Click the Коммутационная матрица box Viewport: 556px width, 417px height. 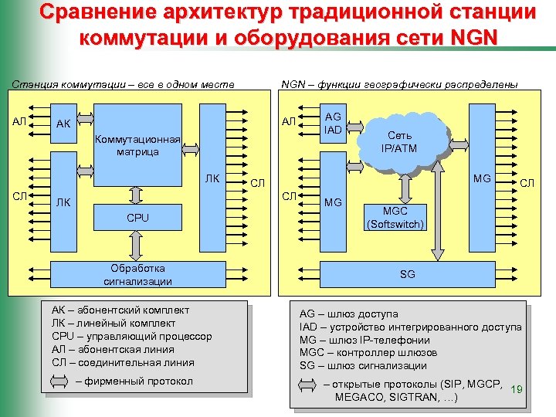(x=137, y=146)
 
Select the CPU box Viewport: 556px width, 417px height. (x=137, y=218)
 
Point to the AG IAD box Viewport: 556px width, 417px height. (x=333, y=123)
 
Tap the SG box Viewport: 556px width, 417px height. (x=406, y=275)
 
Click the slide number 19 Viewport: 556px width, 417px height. (x=517, y=390)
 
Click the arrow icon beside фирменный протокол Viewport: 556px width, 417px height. (x=61, y=381)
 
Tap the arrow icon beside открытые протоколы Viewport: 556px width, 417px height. (x=307, y=385)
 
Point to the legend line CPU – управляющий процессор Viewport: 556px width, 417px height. (x=131, y=336)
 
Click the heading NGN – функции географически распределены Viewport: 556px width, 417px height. (x=399, y=83)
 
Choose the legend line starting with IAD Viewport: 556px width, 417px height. (x=410, y=327)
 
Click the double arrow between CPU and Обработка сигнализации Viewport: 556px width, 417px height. (x=137, y=246)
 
